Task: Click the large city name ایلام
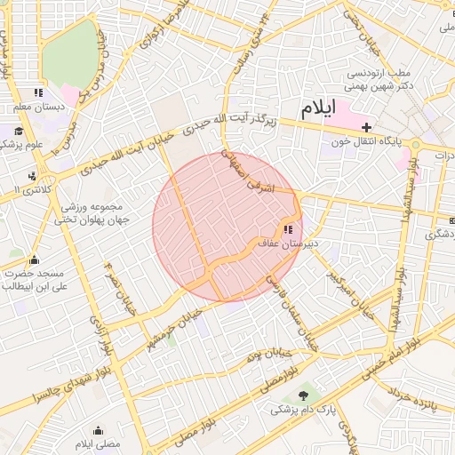319,109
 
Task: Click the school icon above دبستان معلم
38,92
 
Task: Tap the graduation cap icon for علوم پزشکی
18,132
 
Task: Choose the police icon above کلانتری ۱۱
33,176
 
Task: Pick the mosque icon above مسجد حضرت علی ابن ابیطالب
34,259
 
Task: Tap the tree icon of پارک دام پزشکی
307,394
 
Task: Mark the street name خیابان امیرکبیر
347,283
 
